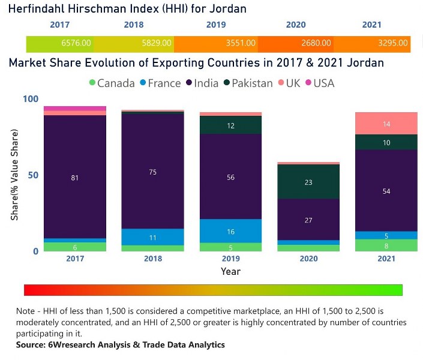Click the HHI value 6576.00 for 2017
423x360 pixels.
pos(76,43)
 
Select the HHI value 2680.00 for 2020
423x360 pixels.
pos(316,43)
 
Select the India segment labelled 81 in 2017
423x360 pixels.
pos(75,177)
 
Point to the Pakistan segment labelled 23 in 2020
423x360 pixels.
pos(308,182)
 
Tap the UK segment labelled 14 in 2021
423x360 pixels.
pos(386,124)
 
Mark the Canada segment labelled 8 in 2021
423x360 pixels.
pos(386,245)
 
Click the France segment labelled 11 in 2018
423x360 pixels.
pos(152,237)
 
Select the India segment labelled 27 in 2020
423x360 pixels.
pos(308,220)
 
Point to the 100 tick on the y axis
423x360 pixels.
pos(30,99)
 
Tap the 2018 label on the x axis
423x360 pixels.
pos(152,259)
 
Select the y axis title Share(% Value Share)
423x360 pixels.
pos(14,175)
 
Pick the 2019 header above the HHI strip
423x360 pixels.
pos(216,25)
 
